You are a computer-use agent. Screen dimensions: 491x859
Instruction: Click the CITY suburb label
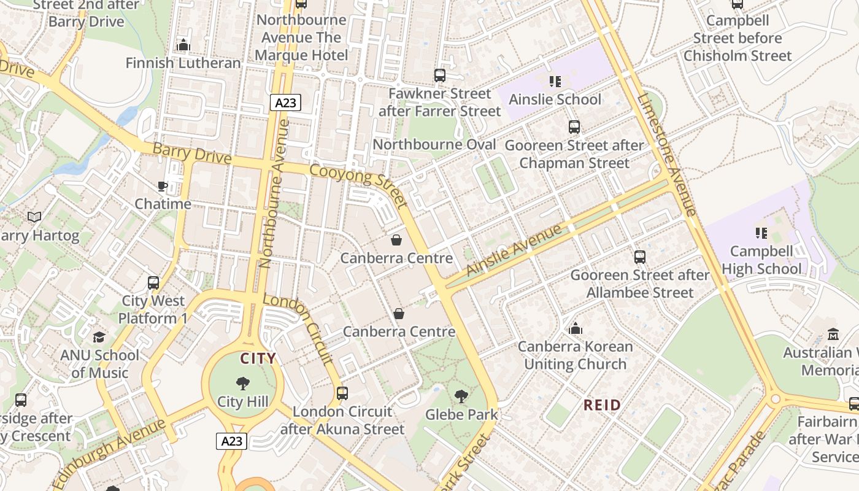coord(258,358)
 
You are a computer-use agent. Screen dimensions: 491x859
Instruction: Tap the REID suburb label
coord(602,405)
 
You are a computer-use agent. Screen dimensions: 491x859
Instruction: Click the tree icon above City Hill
coord(243,384)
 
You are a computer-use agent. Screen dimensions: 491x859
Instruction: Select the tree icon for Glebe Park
coord(461,396)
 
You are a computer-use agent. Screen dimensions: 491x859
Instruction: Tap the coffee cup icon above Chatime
coord(163,186)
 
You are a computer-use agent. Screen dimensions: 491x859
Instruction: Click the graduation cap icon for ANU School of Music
coord(99,337)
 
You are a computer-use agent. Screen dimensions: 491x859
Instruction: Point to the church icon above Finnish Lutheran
coord(183,45)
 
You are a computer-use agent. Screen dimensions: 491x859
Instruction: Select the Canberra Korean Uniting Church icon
coord(575,328)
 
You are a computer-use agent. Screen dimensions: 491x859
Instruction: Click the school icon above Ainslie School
coord(555,81)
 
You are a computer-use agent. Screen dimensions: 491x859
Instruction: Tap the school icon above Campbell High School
coord(761,233)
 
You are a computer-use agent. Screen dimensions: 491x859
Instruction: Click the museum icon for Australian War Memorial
coord(833,334)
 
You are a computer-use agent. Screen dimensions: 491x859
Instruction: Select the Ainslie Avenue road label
coord(514,250)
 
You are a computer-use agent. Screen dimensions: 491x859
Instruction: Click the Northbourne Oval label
coord(434,144)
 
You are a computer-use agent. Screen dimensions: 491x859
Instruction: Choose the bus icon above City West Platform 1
coord(153,283)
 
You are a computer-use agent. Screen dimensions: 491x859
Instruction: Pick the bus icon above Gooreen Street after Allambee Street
coord(640,257)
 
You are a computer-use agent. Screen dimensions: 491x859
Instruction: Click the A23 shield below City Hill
coord(231,441)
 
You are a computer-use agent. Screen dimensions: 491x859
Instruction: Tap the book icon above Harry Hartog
coord(34,217)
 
